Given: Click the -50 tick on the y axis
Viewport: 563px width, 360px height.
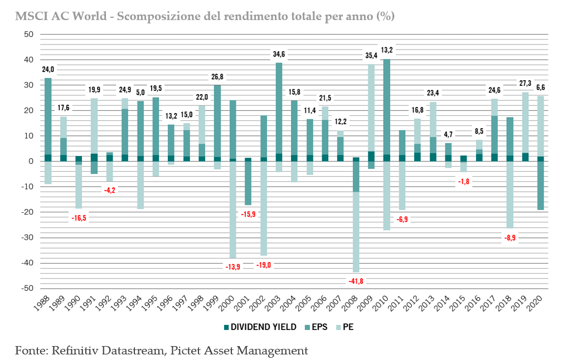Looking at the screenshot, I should [27, 288].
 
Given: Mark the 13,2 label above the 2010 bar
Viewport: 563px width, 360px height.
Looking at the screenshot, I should [387, 50].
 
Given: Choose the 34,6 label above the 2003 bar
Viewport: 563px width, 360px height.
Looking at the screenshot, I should [279, 54].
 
